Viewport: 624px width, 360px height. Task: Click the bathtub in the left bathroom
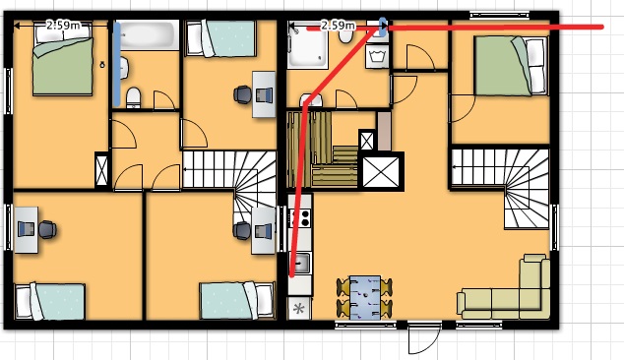tap(148, 34)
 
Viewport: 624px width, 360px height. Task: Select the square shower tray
tap(308, 44)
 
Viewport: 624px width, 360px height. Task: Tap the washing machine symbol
tap(377, 56)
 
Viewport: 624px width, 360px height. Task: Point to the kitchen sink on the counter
tap(300, 263)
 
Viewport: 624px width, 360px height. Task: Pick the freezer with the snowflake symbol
tap(299, 309)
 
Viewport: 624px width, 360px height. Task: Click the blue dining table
tap(365, 298)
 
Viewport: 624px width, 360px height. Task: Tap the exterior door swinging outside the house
tap(424, 337)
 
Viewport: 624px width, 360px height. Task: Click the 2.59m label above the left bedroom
tap(63, 26)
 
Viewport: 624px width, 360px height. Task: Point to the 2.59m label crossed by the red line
tap(338, 26)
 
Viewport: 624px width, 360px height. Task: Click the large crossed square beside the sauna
tap(381, 171)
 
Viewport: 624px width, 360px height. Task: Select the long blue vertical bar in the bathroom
tap(116, 64)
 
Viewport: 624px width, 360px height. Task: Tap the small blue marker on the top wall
tap(383, 27)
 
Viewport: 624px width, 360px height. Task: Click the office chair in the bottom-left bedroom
tap(47, 229)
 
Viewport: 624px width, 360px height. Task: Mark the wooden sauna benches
tap(323, 150)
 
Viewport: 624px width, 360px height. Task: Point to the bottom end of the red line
tap(291, 275)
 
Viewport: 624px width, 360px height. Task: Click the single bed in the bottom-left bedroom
tap(50, 302)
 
